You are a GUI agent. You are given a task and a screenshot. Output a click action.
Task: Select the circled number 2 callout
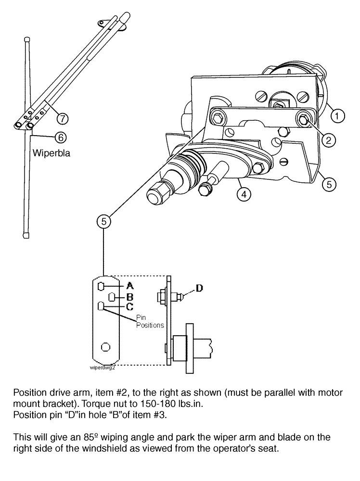click(x=328, y=140)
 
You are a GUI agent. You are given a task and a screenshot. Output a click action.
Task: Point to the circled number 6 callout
click(x=60, y=137)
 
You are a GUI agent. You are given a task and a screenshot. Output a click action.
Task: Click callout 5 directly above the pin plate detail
click(x=103, y=221)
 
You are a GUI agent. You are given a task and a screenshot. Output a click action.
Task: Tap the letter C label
click(x=123, y=306)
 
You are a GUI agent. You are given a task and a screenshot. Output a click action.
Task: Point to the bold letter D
click(x=199, y=288)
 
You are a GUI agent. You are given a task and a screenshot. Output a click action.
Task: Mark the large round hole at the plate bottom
click(x=105, y=346)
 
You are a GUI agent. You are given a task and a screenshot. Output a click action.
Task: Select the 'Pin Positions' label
click(x=150, y=322)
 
